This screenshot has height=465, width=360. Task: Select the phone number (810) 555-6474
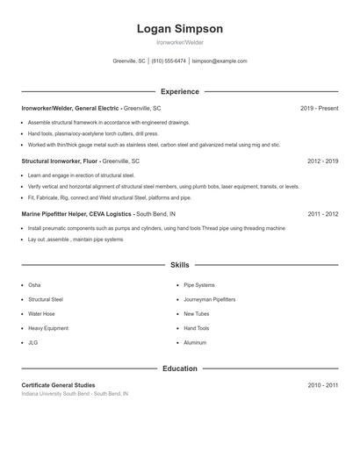click(169, 61)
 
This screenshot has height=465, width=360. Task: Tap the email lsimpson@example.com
click(220, 61)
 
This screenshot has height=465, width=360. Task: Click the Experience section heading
click(179, 91)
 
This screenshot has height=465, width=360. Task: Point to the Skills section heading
click(179, 264)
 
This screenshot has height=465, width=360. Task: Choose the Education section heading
click(179, 368)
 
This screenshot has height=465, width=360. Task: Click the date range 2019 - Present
click(319, 108)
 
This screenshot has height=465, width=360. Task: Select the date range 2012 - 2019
click(322, 161)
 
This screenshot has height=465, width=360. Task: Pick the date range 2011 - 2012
click(322, 213)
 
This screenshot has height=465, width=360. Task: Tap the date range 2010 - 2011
click(322, 385)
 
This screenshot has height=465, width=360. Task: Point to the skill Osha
click(34, 285)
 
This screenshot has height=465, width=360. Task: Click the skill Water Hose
click(41, 313)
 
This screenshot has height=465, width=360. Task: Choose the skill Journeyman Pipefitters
click(209, 299)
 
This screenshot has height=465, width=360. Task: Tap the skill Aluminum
click(195, 342)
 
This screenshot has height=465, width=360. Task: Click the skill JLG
click(32, 342)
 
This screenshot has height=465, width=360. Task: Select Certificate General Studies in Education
click(58, 385)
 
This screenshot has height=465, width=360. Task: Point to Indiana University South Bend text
click(75, 394)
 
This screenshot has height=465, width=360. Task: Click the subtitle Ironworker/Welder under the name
click(179, 42)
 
